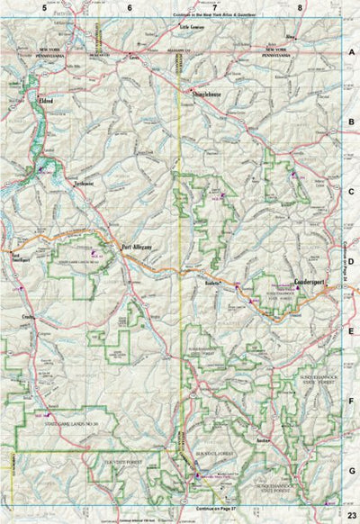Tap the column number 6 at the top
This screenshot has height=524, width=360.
pos(130,7)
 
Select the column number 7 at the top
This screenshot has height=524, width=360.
pos(215,7)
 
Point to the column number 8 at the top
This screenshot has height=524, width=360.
pos(300,7)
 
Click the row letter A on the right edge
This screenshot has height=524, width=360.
pos(351,53)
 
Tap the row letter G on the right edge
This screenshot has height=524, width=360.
pos(351,469)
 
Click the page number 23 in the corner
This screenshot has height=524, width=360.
pos(350,514)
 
